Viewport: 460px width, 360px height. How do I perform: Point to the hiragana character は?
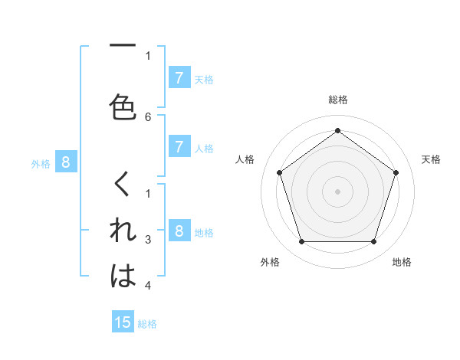[x=123, y=276]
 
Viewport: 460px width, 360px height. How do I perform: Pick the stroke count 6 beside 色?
[x=148, y=116]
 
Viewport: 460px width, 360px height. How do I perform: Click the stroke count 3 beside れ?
[x=148, y=240]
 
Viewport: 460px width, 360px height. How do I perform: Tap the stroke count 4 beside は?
[x=148, y=286]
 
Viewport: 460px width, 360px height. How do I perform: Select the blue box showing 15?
[x=123, y=322]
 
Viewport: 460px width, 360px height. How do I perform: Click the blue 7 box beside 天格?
[x=179, y=77]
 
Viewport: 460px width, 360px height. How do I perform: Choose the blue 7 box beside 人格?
[x=179, y=147]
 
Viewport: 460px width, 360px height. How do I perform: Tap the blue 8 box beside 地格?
[x=179, y=231]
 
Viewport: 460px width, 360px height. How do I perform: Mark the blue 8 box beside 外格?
[x=66, y=162]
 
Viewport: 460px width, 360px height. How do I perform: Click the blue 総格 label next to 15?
[x=147, y=324]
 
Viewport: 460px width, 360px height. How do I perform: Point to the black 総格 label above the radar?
[x=337, y=100]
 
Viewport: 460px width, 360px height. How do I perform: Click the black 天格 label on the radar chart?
[x=431, y=159]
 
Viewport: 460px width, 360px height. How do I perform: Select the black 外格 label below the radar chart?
[x=270, y=262]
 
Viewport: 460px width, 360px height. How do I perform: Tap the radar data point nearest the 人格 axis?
[x=279, y=172]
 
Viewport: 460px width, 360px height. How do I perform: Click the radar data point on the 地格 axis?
[x=373, y=242]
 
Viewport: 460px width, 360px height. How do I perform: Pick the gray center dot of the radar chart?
[x=337, y=191]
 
